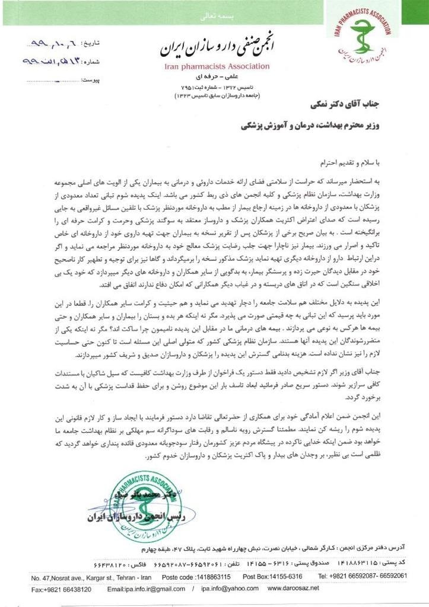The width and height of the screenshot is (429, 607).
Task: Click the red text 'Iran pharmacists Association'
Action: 217,66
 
